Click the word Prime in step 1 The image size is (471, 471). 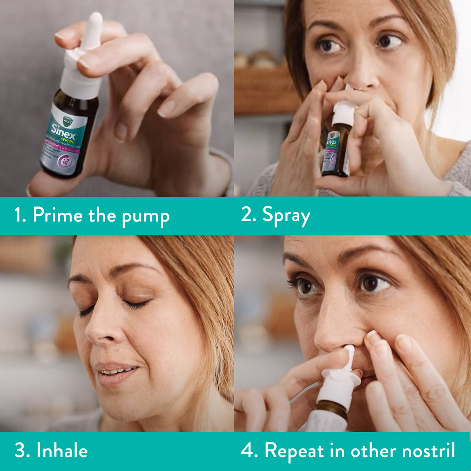click(57, 215)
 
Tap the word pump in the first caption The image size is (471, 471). click(145, 216)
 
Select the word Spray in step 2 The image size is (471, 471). click(286, 215)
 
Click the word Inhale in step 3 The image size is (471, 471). click(62, 450)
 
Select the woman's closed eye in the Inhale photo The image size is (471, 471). click(136, 303)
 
